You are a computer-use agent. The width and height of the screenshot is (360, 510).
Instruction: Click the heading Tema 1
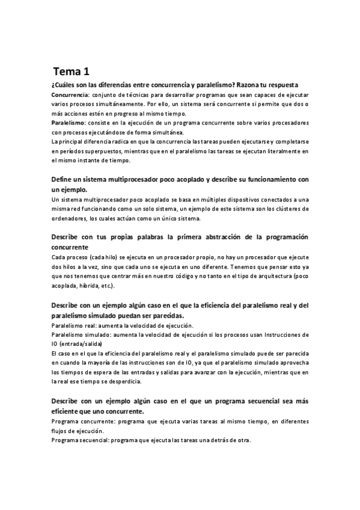click(71, 71)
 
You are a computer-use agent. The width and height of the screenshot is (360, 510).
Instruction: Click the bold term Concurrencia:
click(70, 95)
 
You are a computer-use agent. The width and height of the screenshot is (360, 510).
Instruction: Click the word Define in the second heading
click(63, 179)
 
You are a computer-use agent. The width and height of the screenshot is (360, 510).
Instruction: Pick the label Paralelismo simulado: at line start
click(79, 334)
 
